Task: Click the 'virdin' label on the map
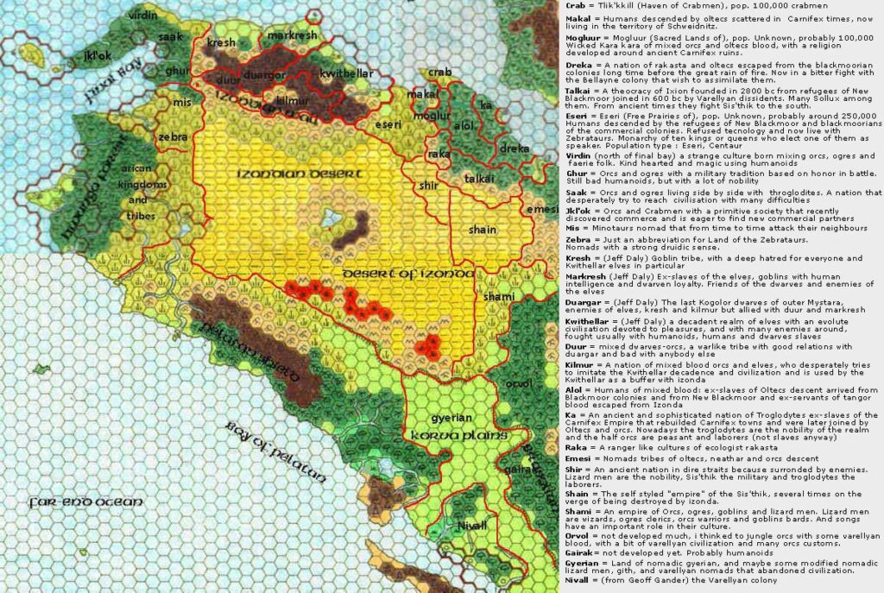142,16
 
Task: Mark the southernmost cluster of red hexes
429,346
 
